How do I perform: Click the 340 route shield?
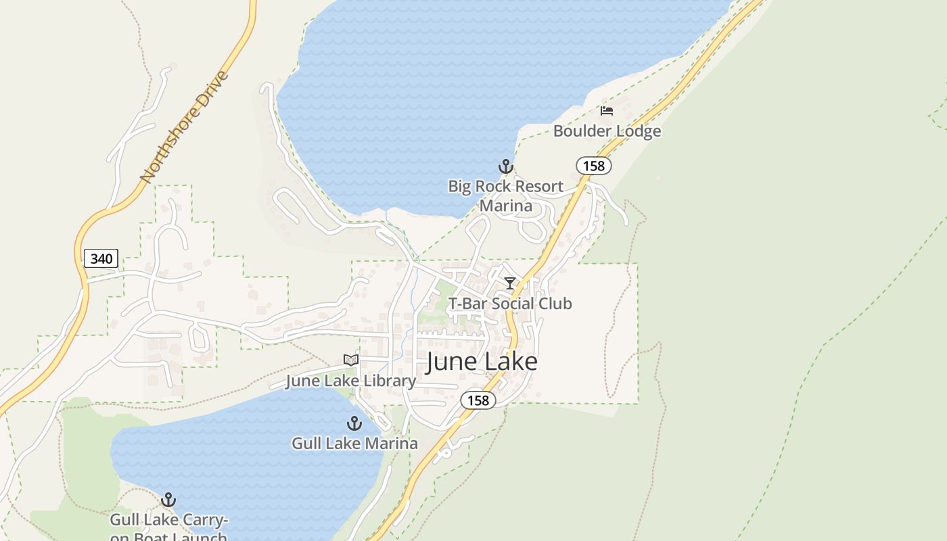click(x=101, y=258)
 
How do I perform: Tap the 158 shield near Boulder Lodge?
click(x=594, y=165)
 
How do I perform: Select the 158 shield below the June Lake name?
click(x=478, y=400)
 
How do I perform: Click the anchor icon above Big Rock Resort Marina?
click(x=506, y=166)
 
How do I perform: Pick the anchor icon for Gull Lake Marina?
click(x=354, y=424)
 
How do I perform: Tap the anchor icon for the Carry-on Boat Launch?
click(x=168, y=500)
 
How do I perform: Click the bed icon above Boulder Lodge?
click(x=607, y=111)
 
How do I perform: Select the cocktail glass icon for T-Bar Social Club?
click(x=510, y=283)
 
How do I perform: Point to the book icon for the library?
click(x=350, y=360)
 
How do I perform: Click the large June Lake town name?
click(x=482, y=362)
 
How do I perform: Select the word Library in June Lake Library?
click(x=390, y=381)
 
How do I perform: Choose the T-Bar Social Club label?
click(x=510, y=304)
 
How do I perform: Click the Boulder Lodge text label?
click(x=607, y=131)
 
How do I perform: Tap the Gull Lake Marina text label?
click(x=354, y=444)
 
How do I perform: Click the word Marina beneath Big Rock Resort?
click(x=506, y=205)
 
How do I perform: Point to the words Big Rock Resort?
click(x=506, y=186)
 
